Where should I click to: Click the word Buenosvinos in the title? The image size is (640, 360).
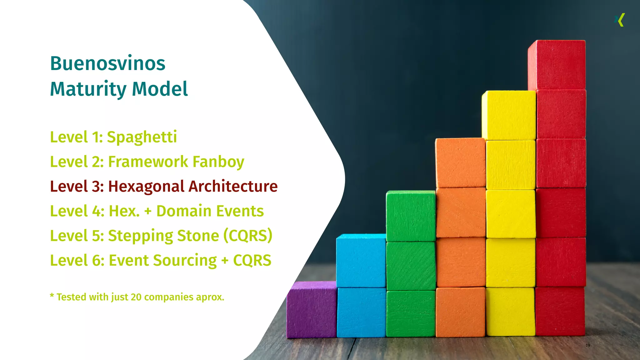click(x=107, y=64)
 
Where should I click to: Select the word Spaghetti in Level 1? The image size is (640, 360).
click(x=142, y=137)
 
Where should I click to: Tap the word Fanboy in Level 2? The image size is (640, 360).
click(x=218, y=162)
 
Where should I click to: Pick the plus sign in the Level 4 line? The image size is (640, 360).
click(x=148, y=212)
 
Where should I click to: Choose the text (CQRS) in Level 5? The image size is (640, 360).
click(x=248, y=236)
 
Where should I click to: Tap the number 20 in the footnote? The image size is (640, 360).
click(x=136, y=297)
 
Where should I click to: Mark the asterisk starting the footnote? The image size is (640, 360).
click(x=52, y=295)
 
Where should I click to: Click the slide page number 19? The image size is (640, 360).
click(x=587, y=345)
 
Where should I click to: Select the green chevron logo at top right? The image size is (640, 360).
click(x=620, y=20)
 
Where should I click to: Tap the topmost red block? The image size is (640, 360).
click(x=557, y=65)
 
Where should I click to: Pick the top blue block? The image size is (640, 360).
click(x=361, y=260)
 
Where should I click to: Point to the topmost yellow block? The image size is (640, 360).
click(x=509, y=115)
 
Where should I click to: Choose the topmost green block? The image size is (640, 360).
click(x=411, y=216)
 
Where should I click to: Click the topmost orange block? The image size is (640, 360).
click(x=460, y=162)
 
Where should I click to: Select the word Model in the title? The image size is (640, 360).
click(x=160, y=89)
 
